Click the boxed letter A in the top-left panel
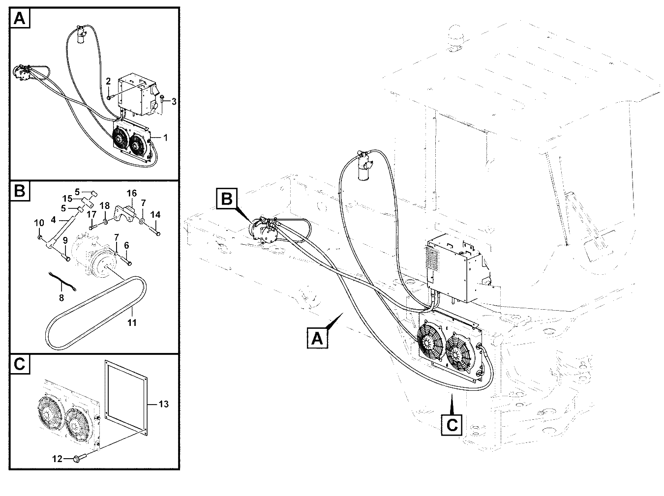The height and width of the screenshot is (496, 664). (20, 18)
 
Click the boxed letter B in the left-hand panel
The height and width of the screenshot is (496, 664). (20, 191)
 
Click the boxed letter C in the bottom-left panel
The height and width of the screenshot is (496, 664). (20, 364)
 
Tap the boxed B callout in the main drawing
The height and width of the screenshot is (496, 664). (227, 199)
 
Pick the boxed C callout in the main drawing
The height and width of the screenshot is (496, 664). (452, 425)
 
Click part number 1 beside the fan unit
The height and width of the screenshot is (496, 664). (165, 138)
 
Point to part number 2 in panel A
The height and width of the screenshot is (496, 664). (108, 81)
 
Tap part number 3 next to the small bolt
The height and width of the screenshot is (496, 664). (174, 102)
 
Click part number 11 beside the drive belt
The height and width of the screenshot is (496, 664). (132, 323)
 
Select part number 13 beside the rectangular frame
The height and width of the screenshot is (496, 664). (164, 404)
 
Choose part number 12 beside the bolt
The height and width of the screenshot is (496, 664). (57, 459)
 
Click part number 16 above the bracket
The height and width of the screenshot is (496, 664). (132, 193)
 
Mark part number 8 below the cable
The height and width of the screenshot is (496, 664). (61, 298)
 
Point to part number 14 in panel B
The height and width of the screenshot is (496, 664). (155, 215)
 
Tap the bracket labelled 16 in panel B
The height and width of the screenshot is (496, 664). (125, 213)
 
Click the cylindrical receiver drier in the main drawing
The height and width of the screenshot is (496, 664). (364, 170)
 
